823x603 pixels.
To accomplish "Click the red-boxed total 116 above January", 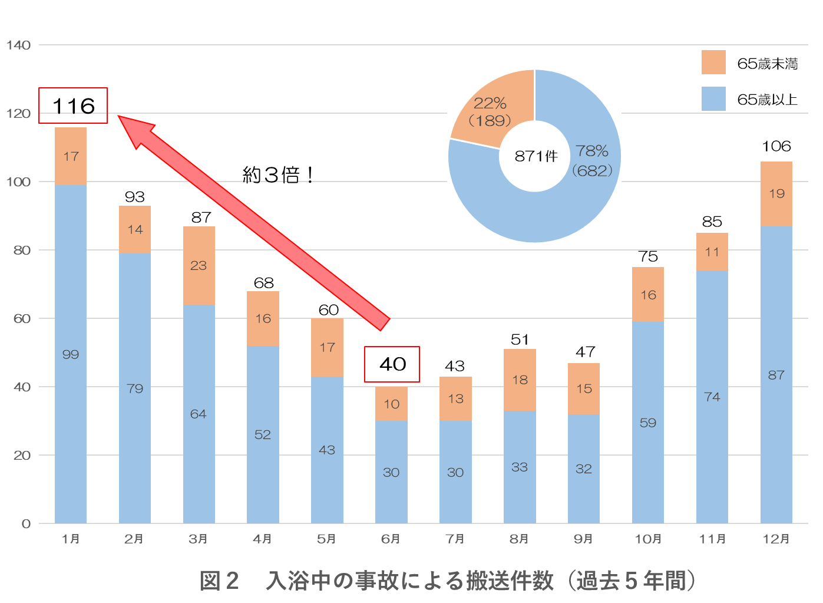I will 73,106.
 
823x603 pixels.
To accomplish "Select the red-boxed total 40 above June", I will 392,364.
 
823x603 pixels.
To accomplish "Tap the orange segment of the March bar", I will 199,265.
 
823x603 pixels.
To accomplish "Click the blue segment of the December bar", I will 776,375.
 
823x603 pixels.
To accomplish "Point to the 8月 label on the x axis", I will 519,539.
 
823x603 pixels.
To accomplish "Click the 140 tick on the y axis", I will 19,45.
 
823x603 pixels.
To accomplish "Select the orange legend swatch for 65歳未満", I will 713,62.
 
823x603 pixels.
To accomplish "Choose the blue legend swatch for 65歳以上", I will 713,99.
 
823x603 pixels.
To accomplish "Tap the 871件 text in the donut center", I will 536,156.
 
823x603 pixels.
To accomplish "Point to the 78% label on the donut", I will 592,151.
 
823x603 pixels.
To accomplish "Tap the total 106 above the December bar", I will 776,146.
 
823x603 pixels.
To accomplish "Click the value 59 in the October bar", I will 647,423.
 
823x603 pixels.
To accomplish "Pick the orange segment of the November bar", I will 712,252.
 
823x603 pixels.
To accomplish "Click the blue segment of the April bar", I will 263,434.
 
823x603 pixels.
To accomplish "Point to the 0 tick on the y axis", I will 26,524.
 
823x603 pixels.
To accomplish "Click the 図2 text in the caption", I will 219,581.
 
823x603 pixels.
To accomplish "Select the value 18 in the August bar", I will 520,380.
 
